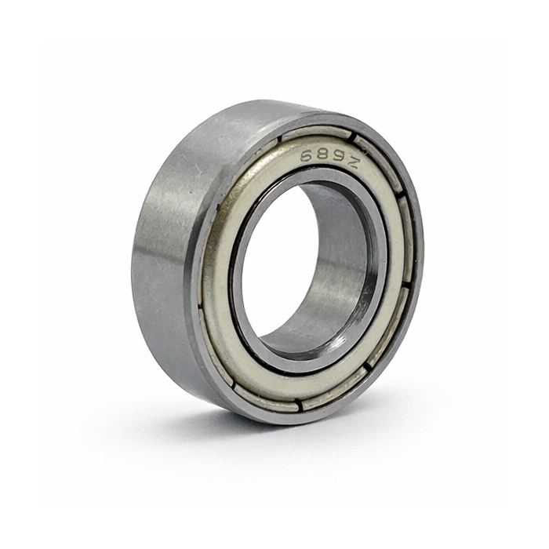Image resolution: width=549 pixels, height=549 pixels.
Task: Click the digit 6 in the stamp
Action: click(307, 155)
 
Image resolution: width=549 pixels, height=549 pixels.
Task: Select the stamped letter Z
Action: click(353, 162)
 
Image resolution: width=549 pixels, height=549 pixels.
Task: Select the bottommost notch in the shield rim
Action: click(300, 405)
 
